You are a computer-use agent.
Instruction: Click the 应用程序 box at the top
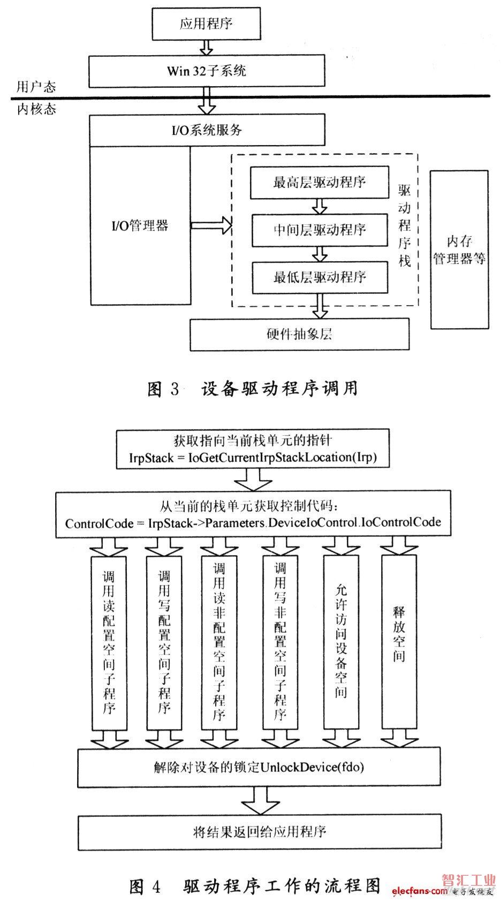[x=206, y=24]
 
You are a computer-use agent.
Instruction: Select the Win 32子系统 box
[x=207, y=71]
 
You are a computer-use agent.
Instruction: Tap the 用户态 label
[x=36, y=87]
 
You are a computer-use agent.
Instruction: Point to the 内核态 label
[x=36, y=109]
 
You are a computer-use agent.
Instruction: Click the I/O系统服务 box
[x=207, y=130]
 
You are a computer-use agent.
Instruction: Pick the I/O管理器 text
[x=140, y=225]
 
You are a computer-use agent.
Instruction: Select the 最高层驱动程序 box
[x=320, y=183]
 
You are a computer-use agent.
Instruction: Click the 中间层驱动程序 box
[x=320, y=230]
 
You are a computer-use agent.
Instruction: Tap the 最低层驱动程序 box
[x=320, y=277]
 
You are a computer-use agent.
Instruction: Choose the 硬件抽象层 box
[x=300, y=334]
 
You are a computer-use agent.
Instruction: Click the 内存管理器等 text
[x=460, y=249]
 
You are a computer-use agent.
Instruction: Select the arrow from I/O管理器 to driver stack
[x=211, y=225]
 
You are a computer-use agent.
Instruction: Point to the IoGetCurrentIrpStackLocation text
[x=282, y=458]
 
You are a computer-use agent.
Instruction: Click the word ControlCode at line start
[x=99, y=524]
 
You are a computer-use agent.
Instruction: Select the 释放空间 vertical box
[x=399, y=642]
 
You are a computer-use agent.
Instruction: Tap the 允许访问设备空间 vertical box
[x=341, y=642]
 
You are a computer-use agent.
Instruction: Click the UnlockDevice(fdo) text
[x=312, y=767]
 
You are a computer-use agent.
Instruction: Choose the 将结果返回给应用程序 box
[x=260, y=832]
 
